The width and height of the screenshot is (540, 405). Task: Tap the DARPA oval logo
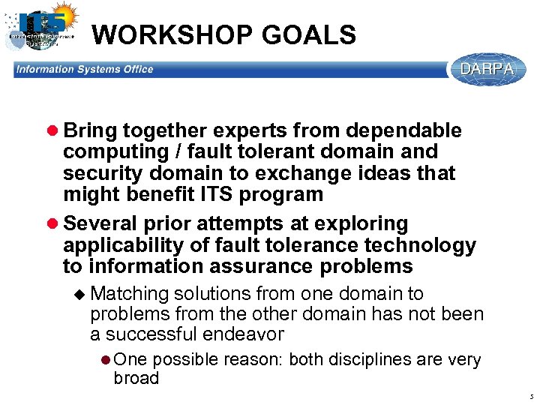(487, 70)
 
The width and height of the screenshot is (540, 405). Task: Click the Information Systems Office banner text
(85, 70)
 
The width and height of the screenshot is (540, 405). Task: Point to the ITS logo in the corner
(41, 28)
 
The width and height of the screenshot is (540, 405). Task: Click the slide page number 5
(529, 396)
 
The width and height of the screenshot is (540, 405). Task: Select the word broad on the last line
(136, 379)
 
